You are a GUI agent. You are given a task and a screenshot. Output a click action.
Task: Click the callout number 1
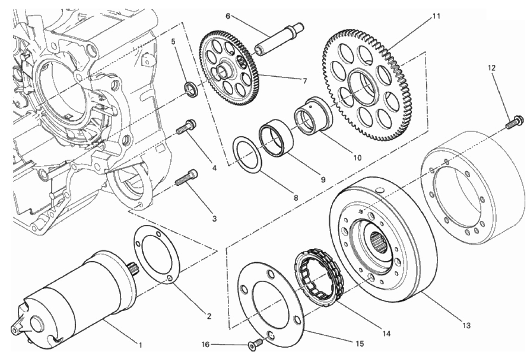140,344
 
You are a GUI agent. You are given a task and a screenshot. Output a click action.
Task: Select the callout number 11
436,16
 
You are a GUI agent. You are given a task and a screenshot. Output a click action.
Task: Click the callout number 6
228,16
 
